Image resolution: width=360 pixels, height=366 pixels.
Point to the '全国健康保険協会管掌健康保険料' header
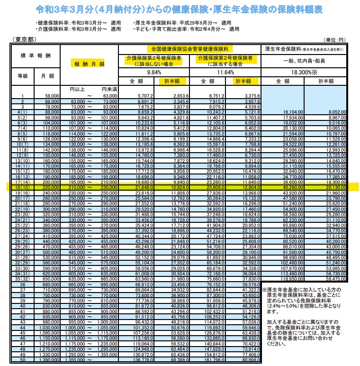(190, 49)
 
